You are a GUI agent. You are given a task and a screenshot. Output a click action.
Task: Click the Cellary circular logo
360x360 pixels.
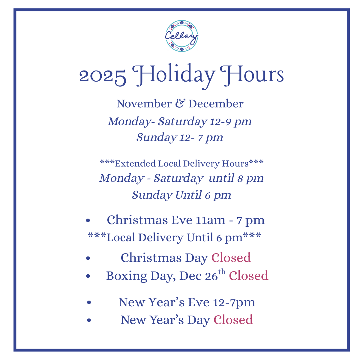pyautogui.click(x=181, y=36)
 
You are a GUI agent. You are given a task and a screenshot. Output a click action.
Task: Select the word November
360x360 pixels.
pyautogui.click(x=144, y=104)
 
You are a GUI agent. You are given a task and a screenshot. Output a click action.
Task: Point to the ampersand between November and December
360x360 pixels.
pyautogui.click(x=180, y=103)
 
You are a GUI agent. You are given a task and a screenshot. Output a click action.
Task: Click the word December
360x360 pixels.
pyautogui.click(x=216, y=104)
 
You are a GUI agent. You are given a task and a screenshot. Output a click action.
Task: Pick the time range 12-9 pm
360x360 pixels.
pyautogui.click(x=230, y=122)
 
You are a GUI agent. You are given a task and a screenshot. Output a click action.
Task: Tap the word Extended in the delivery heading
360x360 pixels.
pyautogui.click(x=135, y=163)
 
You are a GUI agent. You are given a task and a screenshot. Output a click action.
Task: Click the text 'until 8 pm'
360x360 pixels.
pyautogui.click(x=236, y=178)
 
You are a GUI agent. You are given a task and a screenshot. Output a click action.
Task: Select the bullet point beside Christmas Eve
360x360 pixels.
pyautogui.click(x=88, y=220)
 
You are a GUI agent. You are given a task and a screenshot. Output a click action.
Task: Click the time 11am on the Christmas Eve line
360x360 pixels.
pyautogui.click(x=211, y=220)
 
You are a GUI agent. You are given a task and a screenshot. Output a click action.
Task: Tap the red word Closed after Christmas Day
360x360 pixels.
pyautogui.click(x=231, y=258)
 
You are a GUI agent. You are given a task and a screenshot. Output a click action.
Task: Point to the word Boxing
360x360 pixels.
pyautogui.click(x=127, y=276)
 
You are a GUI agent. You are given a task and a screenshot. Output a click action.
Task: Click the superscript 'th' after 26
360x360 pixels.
pyautogui.click(x=222, y=271)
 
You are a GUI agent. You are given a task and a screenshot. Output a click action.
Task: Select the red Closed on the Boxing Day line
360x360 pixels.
pyautogui.click(x=249, y=276)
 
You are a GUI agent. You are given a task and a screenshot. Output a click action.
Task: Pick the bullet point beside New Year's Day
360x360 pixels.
pyautogui.click(x=89, y=320)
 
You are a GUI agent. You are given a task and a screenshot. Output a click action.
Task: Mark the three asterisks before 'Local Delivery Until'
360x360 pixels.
pyautogui.click(x=97, y=235)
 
